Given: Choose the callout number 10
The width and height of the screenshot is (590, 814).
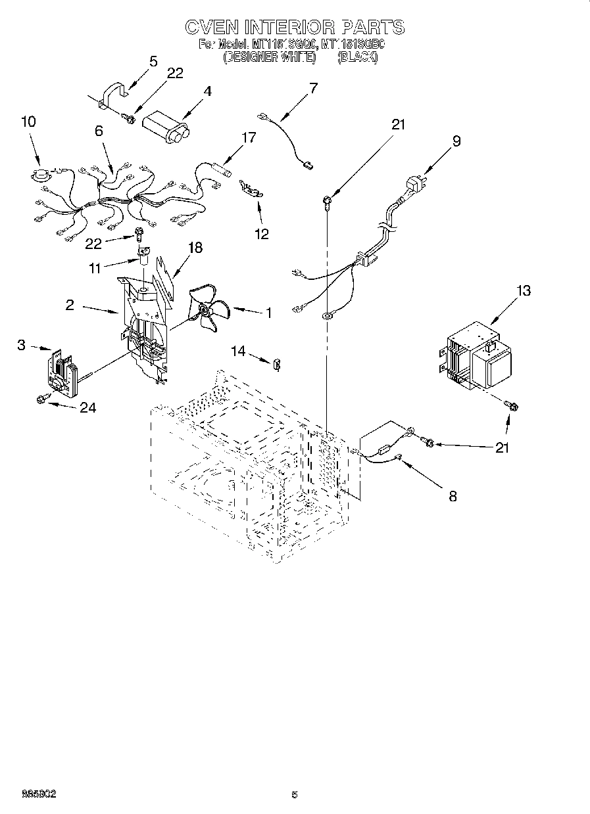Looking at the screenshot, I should tap(28, 122).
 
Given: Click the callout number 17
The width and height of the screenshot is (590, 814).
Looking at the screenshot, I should tap(249, 138).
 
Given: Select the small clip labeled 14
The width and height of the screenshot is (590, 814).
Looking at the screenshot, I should tap(278, 361).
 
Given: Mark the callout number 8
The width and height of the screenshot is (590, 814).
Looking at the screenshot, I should tap(452, 495).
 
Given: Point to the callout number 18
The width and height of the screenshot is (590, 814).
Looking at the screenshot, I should tap(195, 248).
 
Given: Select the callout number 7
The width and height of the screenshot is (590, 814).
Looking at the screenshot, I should tap(313, 87).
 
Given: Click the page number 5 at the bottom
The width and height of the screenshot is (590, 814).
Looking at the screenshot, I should tap(295, 794).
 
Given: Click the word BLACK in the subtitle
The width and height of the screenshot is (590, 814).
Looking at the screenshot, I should tap(357, 57).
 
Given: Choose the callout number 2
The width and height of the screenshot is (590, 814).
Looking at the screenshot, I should tap(69, 305).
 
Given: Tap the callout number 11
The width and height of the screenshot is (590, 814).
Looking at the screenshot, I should tap(95, 269).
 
